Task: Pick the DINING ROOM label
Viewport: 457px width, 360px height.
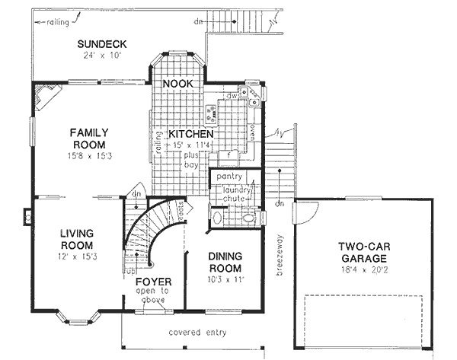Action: coord(225,263)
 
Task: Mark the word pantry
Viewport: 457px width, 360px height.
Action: coord(228,177)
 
